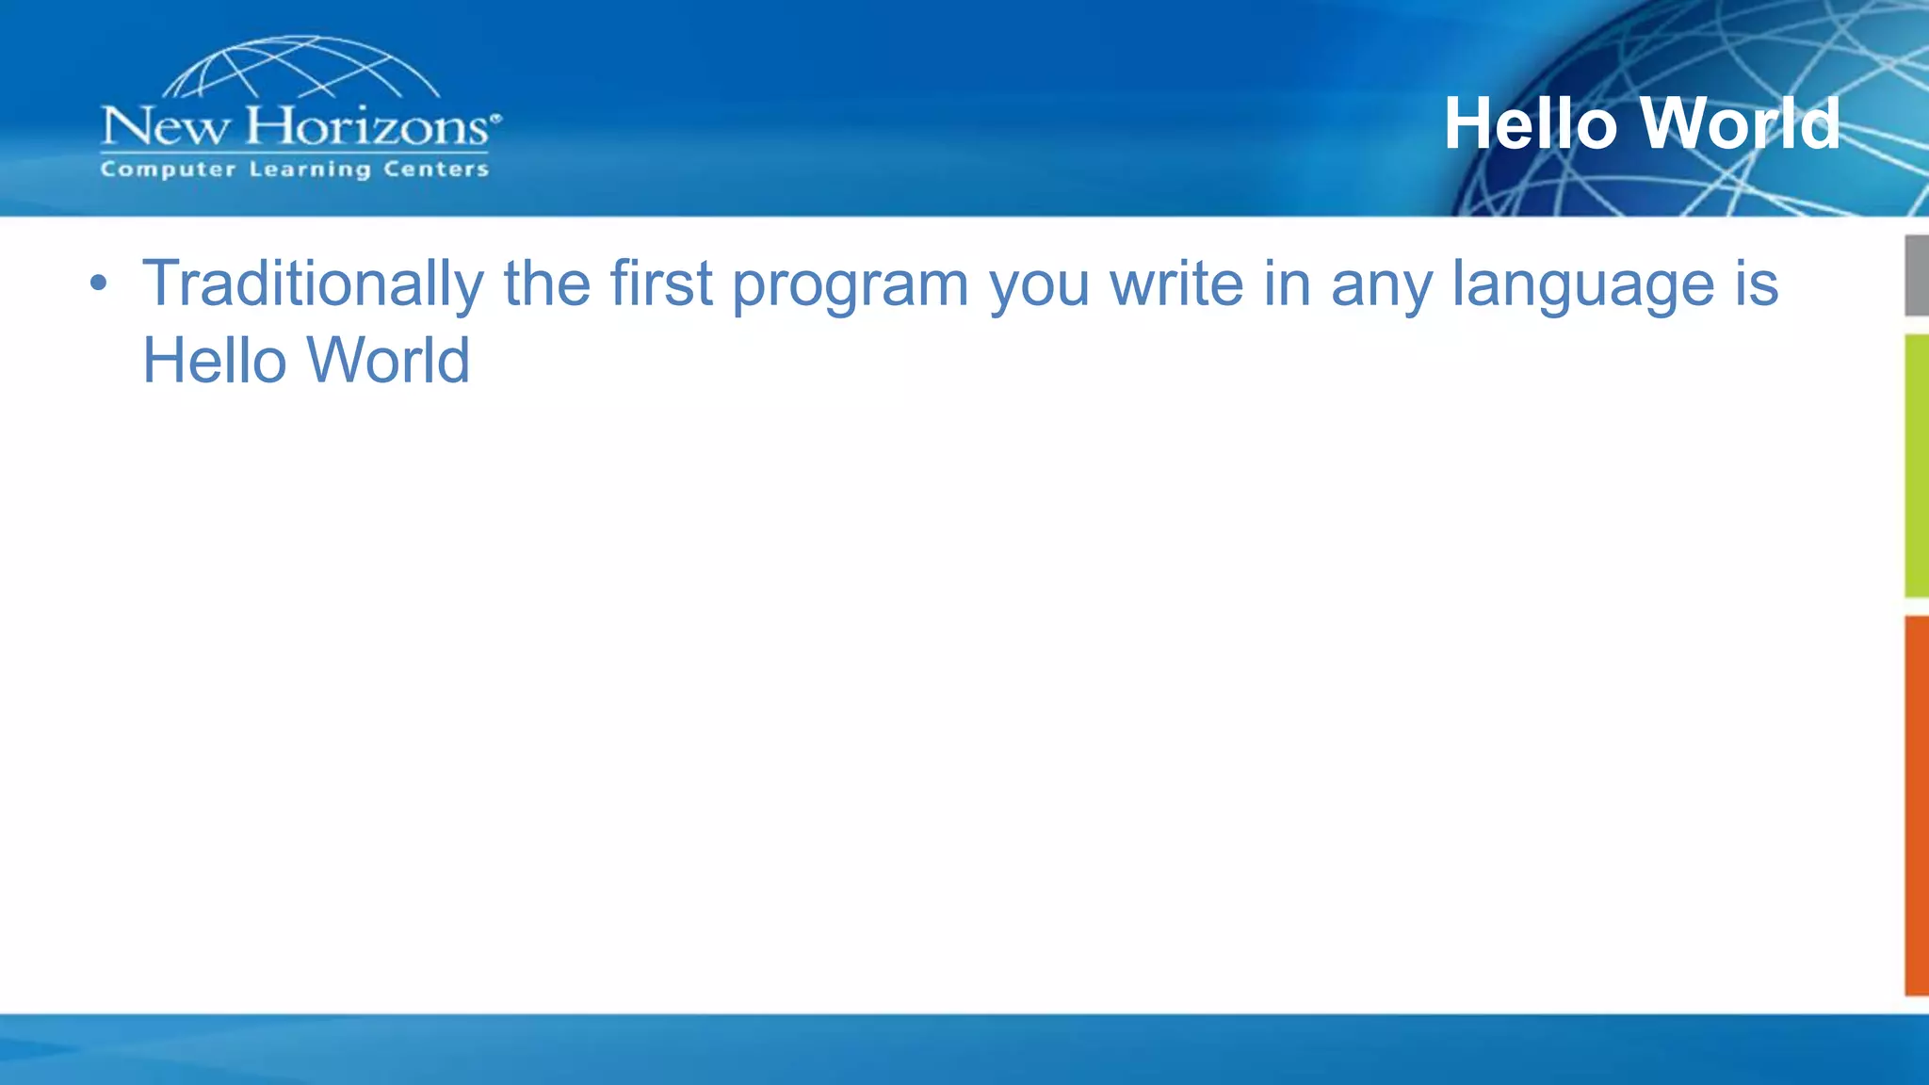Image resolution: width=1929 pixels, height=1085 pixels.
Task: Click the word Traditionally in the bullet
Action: point(312,283)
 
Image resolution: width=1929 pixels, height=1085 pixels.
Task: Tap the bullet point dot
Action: point(98,283)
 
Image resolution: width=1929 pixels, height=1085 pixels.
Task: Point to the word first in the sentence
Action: point(660,283)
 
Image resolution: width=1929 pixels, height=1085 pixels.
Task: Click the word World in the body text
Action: point(388,361)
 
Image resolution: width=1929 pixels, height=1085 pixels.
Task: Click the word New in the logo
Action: point(164,126)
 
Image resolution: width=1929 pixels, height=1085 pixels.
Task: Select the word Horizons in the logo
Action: point(367,126)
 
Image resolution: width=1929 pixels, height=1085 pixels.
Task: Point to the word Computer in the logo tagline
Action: point(168,170)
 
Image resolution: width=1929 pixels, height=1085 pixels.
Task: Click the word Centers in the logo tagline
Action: point(436,170)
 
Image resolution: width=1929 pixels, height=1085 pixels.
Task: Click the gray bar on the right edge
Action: point(1916,275)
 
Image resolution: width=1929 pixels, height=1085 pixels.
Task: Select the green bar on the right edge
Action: point(1916,465)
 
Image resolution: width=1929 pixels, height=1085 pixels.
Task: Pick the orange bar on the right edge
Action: point(1916,805)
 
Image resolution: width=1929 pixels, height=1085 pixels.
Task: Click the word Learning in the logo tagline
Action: point(310,170)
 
